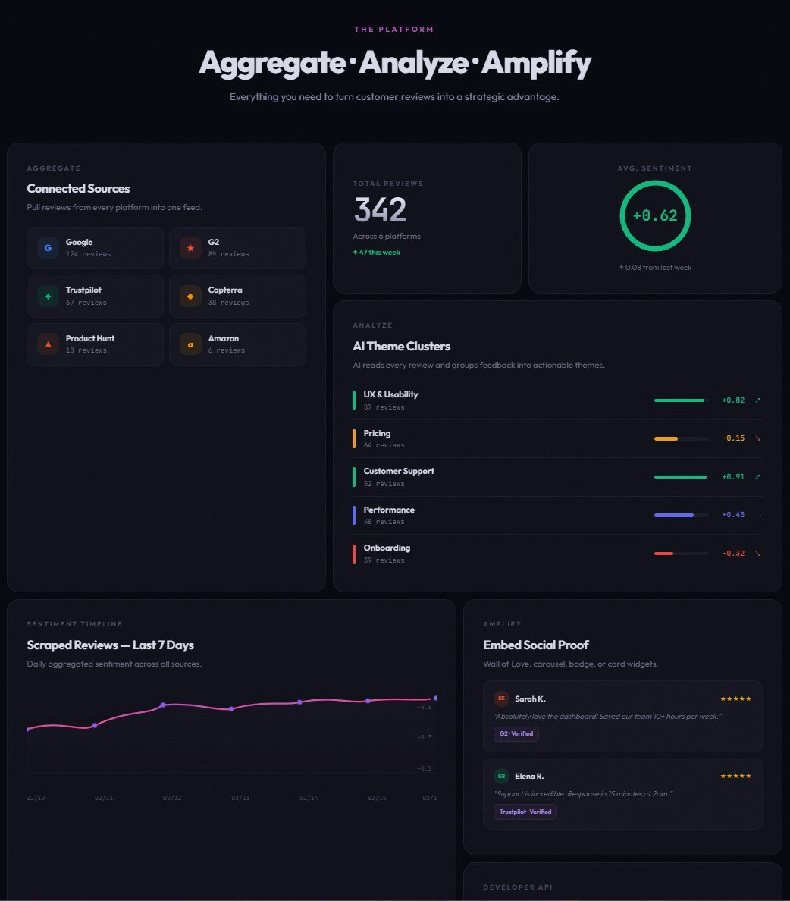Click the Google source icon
click(48, 248)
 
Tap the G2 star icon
click(190, 248)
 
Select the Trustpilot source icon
click(48, 297)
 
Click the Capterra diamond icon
click(190, 297)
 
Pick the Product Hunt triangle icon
click(48, 344)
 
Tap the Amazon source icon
click(190, 344)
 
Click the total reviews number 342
click(380, 210)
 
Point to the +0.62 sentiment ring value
click(655, 215)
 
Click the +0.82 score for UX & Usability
click(733, 400)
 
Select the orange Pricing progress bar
click(666, 438)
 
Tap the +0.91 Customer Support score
click(733, 477)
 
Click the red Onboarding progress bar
click(664, 554)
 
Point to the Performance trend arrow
click(757, 515)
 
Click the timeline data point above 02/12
click(163, 705)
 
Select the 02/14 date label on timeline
click(309, 798)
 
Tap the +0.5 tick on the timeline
click(424, 737)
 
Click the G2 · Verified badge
click(516, 733)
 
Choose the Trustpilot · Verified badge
click(525, 812)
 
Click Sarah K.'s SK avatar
click(501, 699)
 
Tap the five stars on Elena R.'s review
click(735, 776)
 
